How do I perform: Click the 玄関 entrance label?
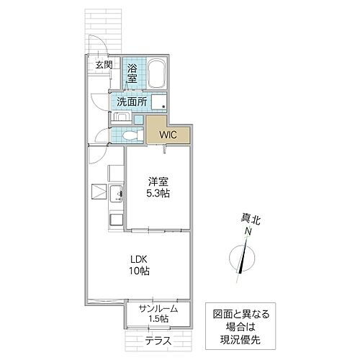click(x=103, y=65)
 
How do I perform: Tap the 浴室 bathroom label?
click(x=132, y=72)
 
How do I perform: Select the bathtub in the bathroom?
click(x=157, y=73)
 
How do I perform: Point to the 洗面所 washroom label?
click(x=132, y=102)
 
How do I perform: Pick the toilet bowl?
click(x=130, y=135)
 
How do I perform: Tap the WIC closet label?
click(x=168, y=135)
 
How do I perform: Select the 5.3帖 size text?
click(x=159, y=194)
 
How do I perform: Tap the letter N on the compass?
click(x=248, y=233)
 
